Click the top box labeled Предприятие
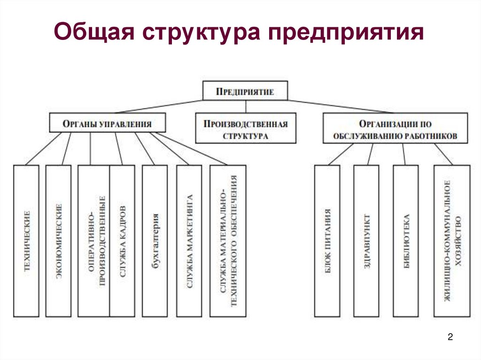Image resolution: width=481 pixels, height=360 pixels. tap(245, 91)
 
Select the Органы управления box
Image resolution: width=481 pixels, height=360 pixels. tap(108, 123)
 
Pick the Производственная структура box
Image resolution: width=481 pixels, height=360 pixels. tap(246, 128)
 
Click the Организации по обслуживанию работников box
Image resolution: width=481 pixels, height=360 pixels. tap(395, 128)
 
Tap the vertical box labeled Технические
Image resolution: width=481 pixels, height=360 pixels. tap(27, 240)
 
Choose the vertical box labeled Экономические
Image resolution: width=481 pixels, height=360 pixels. tap(59, 240)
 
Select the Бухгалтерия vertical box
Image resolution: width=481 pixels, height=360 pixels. tap(155, 240)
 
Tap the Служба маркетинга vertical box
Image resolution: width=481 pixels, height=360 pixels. tap(189, 240)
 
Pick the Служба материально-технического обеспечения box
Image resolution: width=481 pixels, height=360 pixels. tap(228, 240)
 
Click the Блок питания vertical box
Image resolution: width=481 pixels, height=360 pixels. tap(328, 240)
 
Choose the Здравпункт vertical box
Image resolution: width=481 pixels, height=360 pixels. tap(367, 240)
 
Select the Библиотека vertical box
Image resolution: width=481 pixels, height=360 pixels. tap(406, 240)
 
